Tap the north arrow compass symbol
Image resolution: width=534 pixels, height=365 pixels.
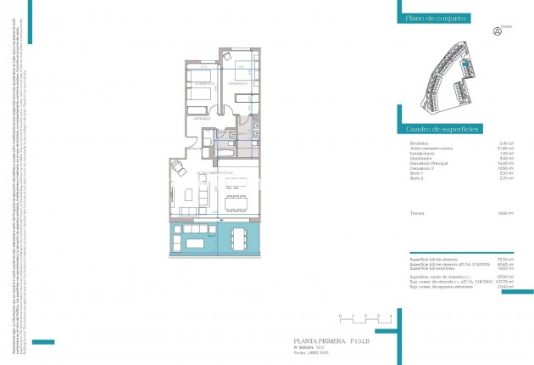click(x=497, y=31)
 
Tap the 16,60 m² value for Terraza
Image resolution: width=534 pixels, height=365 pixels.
click(x=507, y=212)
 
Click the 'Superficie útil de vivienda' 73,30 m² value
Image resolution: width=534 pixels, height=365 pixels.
click(x=507, y=258)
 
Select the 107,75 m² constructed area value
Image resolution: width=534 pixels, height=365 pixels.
click(x=506, y=282)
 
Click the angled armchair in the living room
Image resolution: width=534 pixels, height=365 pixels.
click(x=181, y=167)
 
